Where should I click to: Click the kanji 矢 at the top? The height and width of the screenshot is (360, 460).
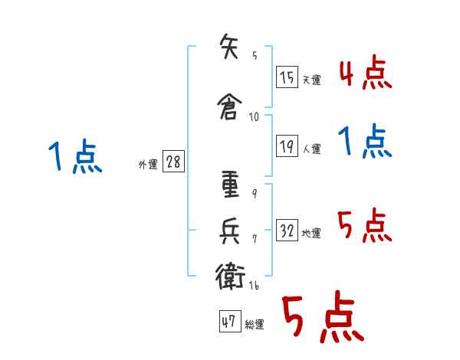click(229, 46)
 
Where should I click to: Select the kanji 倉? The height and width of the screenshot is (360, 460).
click(230, 106)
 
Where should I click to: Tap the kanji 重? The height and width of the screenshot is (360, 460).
click(230, 185)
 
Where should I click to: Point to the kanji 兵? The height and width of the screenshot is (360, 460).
click(230, 231)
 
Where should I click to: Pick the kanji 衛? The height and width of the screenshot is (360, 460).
click(230, 276)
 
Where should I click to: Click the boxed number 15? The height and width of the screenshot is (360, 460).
click(287, 77)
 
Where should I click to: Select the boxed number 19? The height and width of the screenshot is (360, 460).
click(287, 146)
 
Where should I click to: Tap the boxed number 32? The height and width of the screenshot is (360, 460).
click(287, 230)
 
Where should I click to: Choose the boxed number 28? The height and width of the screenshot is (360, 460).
click(173, 162)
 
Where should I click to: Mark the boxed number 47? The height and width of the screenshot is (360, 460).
click(230, 321)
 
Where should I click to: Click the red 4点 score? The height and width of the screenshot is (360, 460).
click(366, 72)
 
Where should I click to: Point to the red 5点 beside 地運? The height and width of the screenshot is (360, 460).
click(365, 225)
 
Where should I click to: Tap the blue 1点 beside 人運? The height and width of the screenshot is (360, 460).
click(365, 141)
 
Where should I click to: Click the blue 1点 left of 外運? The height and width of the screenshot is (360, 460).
click(76, 156)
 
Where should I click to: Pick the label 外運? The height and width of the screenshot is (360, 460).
click(148, 165)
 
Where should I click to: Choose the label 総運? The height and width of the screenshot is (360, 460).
click(255, 324)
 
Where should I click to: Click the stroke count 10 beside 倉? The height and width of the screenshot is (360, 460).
click(254, 117)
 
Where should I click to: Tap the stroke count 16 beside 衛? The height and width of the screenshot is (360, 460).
click(254, 285)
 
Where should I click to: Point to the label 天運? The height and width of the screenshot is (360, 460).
click(311, 80)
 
